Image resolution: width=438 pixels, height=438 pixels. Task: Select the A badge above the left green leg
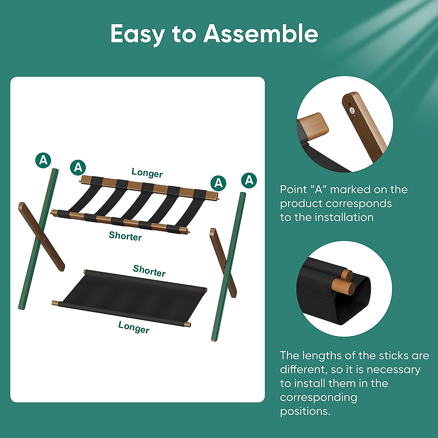(43, 160)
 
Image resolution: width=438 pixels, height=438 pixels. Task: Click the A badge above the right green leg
(249, 180)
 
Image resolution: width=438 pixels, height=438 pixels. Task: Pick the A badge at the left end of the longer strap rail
(78, 167)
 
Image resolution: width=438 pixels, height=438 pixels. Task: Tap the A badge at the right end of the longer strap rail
(218, 182)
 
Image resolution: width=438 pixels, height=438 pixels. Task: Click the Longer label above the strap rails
(147, 173)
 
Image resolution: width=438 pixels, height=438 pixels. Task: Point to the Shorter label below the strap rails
(125, 236)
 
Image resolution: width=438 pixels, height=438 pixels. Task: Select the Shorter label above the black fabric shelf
(149, 271)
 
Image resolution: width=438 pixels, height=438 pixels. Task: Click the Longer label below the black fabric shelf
(134, 327)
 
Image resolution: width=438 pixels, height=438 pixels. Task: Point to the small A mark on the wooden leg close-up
(352, 110)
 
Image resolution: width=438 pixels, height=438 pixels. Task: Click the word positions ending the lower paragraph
(305, 411)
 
